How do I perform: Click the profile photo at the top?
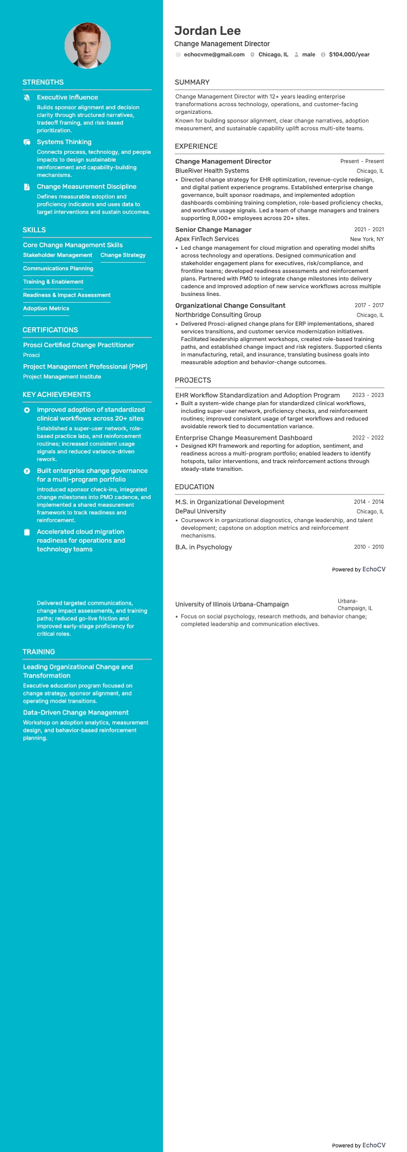(88, 46)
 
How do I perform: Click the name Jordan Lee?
(207, 31)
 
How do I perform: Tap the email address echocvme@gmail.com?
(214, 54)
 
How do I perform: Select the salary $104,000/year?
(349, 54)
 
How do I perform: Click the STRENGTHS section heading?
(43, 82)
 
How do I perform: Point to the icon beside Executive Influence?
(27, 97)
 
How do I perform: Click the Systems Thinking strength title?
(64, 142)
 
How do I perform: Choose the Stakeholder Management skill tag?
(57, 255)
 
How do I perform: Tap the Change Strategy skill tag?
(123, 255)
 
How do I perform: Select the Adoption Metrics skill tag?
(46, 308)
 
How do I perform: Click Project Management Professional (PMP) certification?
(85, 366)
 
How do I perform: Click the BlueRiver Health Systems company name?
(212, 171)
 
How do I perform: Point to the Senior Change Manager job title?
(213, 229)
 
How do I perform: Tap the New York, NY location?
(367, 239)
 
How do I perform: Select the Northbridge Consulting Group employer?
(218, 315)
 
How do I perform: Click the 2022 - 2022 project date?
(368, 438)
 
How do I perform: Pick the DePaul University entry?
(200, 511)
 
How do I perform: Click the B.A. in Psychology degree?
(203, 547)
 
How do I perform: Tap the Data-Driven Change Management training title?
(76, 712)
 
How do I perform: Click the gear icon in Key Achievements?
(27, 410)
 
